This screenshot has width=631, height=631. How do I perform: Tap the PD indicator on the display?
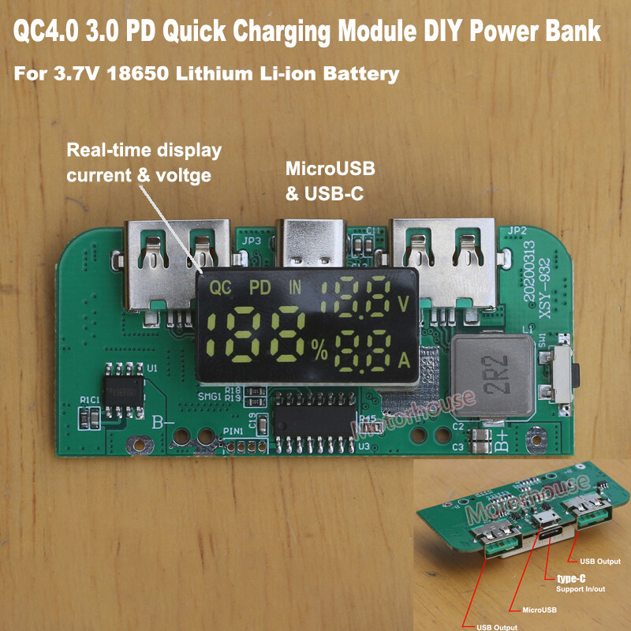pos(259,288)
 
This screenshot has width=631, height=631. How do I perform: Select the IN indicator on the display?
pos(294,288)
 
